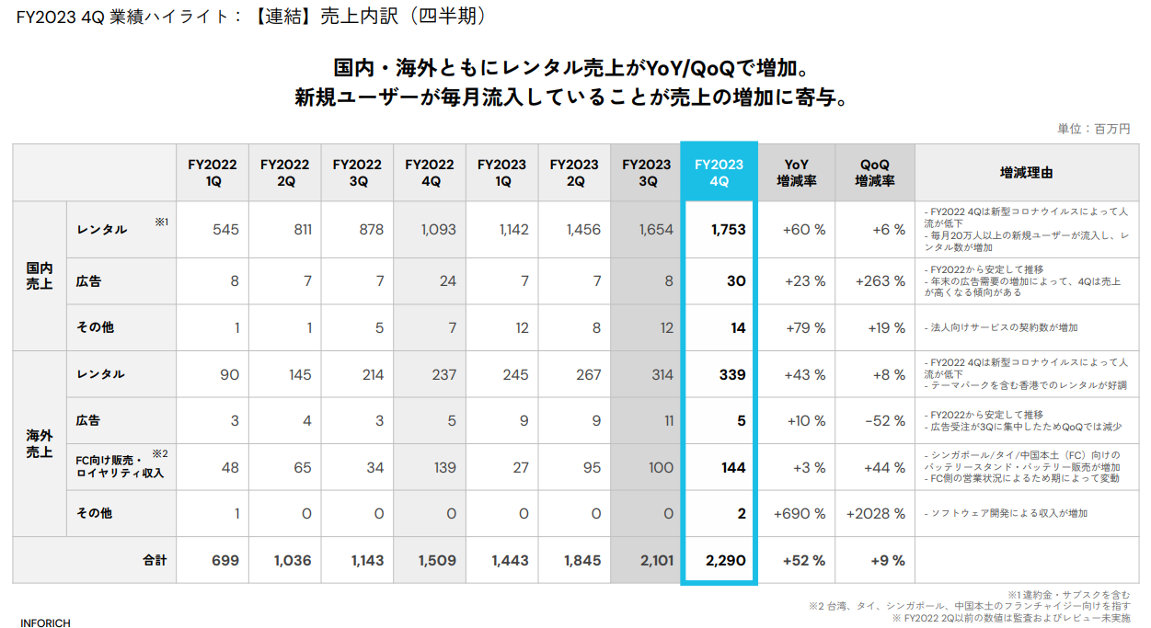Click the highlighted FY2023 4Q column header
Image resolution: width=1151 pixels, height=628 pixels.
point(719,173)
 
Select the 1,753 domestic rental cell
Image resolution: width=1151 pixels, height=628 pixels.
point(728,229)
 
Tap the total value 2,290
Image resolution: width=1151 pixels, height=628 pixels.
point(726,560)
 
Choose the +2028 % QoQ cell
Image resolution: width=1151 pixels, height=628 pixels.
point(875,514)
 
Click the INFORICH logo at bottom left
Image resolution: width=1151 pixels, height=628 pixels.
point(45,622)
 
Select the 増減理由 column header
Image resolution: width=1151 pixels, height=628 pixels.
point(1026,173)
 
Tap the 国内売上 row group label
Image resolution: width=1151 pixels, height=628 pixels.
point(40,276)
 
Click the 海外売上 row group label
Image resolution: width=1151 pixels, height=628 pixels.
point(40,444)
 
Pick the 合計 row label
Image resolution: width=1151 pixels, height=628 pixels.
point(155,560)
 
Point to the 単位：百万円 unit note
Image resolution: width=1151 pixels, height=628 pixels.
point(1094,129)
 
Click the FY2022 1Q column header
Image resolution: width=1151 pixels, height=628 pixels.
point(213,173)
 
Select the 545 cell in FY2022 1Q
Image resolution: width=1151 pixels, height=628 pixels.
point(225,229)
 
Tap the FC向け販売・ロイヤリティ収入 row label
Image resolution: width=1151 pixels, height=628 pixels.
point(120,467)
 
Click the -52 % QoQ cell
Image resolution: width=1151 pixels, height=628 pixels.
point(884,421)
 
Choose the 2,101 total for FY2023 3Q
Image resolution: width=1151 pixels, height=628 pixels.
point(656,560)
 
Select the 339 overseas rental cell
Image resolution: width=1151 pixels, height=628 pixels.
point(732,375)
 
